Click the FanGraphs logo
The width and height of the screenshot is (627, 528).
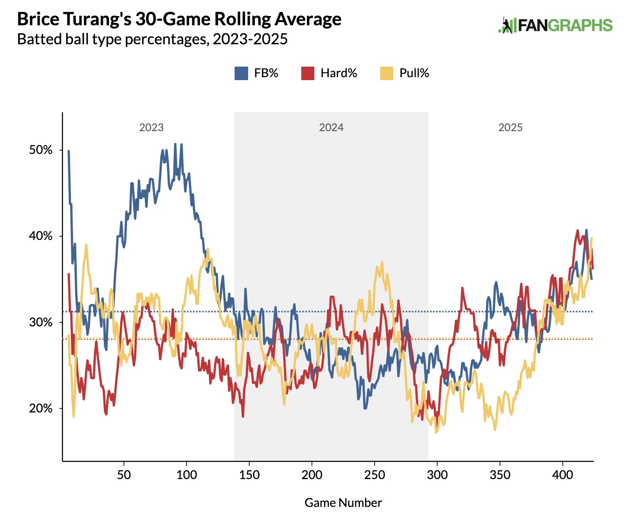[555, 25]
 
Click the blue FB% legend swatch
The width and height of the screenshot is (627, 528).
[241, 73]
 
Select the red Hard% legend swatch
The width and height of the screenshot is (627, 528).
[308, 73]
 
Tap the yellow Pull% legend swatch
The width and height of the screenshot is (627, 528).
[386, 73]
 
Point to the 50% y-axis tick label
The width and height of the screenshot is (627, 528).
[41, 150]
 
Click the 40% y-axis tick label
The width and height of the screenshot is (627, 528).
[41, 236]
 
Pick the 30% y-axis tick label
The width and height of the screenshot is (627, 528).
[41, 322]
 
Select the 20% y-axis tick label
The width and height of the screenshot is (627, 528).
[41, 408]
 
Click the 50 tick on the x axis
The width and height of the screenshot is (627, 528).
[124, 475]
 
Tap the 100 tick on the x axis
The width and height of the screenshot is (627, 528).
[186, 475]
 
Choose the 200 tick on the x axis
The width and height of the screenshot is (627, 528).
[312, 475]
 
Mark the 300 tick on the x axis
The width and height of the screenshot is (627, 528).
[437, 475]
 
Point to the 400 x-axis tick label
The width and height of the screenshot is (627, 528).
[562, 475]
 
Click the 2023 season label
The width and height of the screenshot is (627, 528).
[151, 127]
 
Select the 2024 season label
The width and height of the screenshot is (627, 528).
[331, 127]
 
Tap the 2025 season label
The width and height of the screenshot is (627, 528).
[511, 127]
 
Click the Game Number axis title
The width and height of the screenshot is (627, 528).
[343, 503]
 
